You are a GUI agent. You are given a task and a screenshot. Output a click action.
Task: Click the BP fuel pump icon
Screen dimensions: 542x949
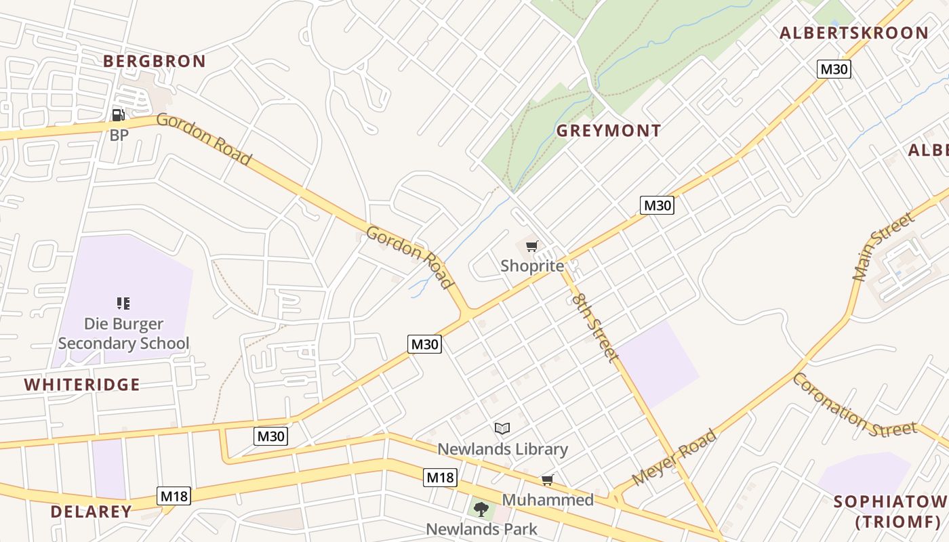119,115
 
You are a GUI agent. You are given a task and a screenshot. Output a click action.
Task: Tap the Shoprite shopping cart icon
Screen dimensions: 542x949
532,247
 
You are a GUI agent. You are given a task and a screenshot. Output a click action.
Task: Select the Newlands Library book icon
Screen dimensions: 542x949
502,428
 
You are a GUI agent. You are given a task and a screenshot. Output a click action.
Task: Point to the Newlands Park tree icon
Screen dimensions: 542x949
481,509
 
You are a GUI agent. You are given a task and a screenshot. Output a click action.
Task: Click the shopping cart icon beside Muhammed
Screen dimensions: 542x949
548,480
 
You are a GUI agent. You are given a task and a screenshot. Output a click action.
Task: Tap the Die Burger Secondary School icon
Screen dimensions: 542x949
123,303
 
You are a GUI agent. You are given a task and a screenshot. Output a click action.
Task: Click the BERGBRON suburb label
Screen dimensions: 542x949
155,61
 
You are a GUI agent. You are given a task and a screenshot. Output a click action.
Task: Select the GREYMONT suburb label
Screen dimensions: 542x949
609,131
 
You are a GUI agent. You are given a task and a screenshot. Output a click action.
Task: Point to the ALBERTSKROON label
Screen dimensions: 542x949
854,33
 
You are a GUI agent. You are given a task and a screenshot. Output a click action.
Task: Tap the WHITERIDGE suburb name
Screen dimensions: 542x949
82,385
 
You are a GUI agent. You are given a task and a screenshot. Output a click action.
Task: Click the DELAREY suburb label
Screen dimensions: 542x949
91,512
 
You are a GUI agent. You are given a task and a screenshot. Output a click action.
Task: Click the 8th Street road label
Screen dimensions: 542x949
595,327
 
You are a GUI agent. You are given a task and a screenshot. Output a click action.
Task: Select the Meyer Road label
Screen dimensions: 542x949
674,457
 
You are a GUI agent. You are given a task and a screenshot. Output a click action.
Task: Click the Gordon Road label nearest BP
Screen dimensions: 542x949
204,140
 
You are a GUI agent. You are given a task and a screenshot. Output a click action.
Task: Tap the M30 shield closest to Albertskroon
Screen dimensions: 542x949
833,69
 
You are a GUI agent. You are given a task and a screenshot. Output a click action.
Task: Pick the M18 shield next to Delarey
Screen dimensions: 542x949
174,496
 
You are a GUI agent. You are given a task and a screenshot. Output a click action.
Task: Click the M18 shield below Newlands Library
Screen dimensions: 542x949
440,478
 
